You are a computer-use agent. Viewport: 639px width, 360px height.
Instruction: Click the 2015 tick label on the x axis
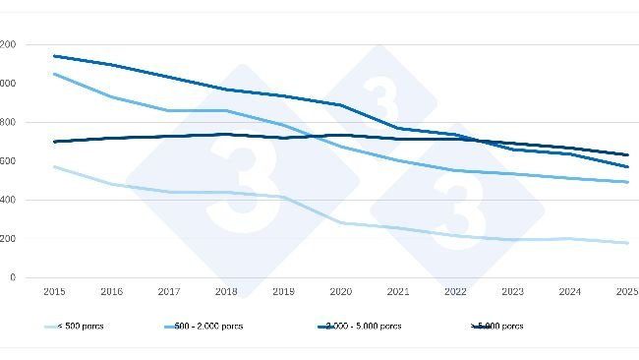pyautogui.click(x=54, y=292)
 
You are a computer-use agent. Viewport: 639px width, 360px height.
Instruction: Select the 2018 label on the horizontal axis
pyautogui.click(x=226, y=292)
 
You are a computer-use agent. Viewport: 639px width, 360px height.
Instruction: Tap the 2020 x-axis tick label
pyautogui.click(x=341, y=292)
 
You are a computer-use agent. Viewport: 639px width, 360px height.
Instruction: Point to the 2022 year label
pyautogui.click(x=456, y=292)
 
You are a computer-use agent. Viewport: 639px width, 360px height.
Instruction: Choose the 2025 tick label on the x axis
pyautogui.click(x=627, y=292)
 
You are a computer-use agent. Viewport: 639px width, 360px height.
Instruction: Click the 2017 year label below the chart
pyautogui.click(x=169, y=292)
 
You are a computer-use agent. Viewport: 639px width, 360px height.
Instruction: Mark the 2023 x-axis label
pyautogui.click(x=513, y=292)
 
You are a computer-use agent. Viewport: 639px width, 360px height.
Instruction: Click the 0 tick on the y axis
pyautogui.click(x=12, y=277)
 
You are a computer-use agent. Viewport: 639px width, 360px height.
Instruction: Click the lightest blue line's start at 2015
pyautogui.click(x=54, y=166)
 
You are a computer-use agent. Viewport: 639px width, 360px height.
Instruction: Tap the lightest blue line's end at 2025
pyautogui.click(x=627, y=243)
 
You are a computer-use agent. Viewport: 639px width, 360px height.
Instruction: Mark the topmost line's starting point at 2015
pyautogui.click(x=54, y=56)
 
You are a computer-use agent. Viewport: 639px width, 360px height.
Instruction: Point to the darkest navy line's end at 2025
pyautogui.click(x=627, y=154)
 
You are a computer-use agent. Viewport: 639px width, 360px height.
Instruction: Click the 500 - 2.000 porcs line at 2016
pyautogui.click(x=111, y=96)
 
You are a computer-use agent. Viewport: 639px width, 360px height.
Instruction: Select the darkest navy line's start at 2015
pyautogui.click(x=54, y=142)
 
